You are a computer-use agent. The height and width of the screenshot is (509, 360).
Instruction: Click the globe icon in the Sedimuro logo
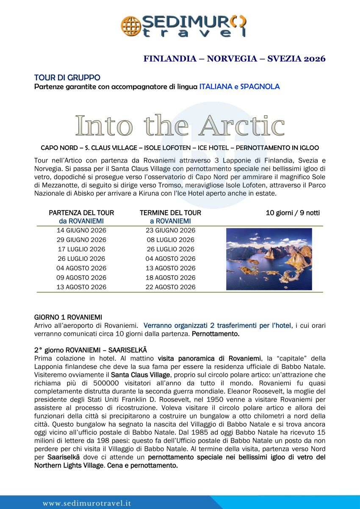(x=130, y=25)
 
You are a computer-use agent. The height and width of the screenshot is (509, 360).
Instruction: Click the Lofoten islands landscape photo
(x=269, y=259)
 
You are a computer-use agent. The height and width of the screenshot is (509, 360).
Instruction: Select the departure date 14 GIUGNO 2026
(x=81, y=231)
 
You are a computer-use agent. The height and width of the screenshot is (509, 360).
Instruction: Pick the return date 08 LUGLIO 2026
(x=170, y=240)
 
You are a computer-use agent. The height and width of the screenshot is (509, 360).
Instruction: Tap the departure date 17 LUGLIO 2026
(x=81, y=249)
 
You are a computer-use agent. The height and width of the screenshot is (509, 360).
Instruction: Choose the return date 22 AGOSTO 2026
(x=170, y=287)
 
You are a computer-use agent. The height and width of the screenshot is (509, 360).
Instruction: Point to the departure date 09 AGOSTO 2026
(x=81, y=278)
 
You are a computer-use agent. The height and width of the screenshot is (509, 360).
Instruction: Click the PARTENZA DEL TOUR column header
(x=81, y=213)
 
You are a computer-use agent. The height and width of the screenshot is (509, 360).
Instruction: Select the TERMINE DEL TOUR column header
(x=170, y=213)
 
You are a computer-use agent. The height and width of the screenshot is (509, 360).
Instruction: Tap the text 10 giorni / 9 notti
(x=293, y=213)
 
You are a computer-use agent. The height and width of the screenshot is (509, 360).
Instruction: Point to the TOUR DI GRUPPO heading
(x=67, y=77)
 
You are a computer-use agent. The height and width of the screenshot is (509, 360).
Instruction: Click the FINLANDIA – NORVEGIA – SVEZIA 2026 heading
(x=234, y=59)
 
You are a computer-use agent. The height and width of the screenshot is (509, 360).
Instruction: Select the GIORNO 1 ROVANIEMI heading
(x=68, y=317)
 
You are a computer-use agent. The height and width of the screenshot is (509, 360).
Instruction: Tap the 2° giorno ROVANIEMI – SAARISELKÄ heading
(x=91, y=350)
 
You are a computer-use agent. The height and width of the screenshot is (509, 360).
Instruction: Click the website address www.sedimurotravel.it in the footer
(x=86, y=503)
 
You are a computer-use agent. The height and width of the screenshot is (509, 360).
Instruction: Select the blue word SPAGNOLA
(x=260, y=87)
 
